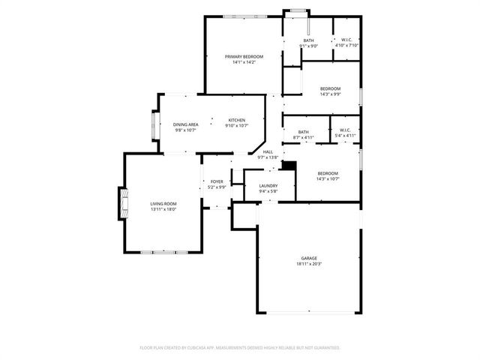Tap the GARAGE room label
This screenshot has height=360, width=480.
309,257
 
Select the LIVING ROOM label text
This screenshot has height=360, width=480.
163,204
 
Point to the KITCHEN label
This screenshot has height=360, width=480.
237,119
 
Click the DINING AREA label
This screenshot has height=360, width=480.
185,124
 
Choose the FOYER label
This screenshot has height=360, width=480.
217,181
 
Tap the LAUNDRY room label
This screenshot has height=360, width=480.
268,185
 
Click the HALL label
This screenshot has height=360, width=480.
268,151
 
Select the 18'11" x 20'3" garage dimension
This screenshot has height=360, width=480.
309,264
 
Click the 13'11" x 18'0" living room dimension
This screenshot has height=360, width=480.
163,210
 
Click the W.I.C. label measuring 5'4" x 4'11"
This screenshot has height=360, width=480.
345,131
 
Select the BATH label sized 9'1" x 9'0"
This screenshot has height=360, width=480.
308,40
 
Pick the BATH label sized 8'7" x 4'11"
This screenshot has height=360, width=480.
303,131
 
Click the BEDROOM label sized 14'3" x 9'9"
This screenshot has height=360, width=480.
329,88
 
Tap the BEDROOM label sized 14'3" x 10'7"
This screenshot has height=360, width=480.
327,172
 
